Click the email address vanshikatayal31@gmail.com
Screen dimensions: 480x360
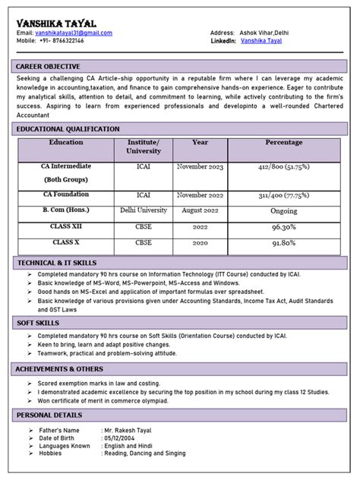click(x=74, y=33)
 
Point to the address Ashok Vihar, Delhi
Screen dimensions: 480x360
click(x=271, y=33)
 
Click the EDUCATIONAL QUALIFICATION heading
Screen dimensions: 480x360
click(x=68, y=129)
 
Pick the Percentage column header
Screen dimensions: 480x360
click(x=283, y=143)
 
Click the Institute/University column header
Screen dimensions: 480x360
click(x=143, y=147)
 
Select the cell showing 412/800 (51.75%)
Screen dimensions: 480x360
click(x=283, y=166)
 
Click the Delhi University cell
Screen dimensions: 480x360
click(x=143, y=210)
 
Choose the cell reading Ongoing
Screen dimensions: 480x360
click(x=283, y=211)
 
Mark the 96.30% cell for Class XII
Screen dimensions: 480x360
click(x=283, y=227)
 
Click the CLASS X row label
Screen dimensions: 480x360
click(x=66, y=242)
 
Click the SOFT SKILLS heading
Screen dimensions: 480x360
click(x=38, y=324)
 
